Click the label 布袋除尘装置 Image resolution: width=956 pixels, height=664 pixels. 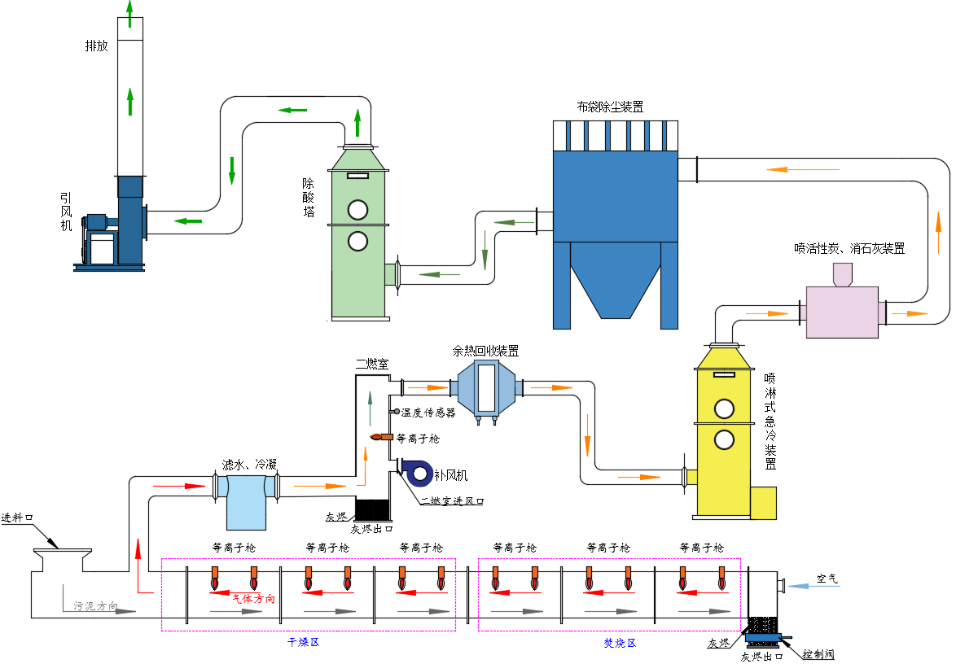click(x=610, y=107)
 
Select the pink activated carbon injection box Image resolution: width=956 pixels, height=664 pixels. click(x=842, y=312)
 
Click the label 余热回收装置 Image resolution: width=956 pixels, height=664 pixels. click(x=485, y=352)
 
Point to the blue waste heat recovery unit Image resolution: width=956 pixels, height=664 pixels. click(x=486, y=387)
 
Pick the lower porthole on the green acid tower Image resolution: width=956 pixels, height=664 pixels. click(x=357, y=241)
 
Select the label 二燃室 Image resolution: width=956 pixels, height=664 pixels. click(x=368, y=363)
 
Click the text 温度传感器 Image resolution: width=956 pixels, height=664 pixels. click(x=428, y=413)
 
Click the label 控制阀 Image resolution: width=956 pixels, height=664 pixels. click(x=818, y=653)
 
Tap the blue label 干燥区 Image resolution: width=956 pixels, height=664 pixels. click(x=301, y=642)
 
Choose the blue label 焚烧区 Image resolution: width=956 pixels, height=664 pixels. click(x=619, y=643)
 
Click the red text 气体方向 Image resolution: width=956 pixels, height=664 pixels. click(x=253, y=599)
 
